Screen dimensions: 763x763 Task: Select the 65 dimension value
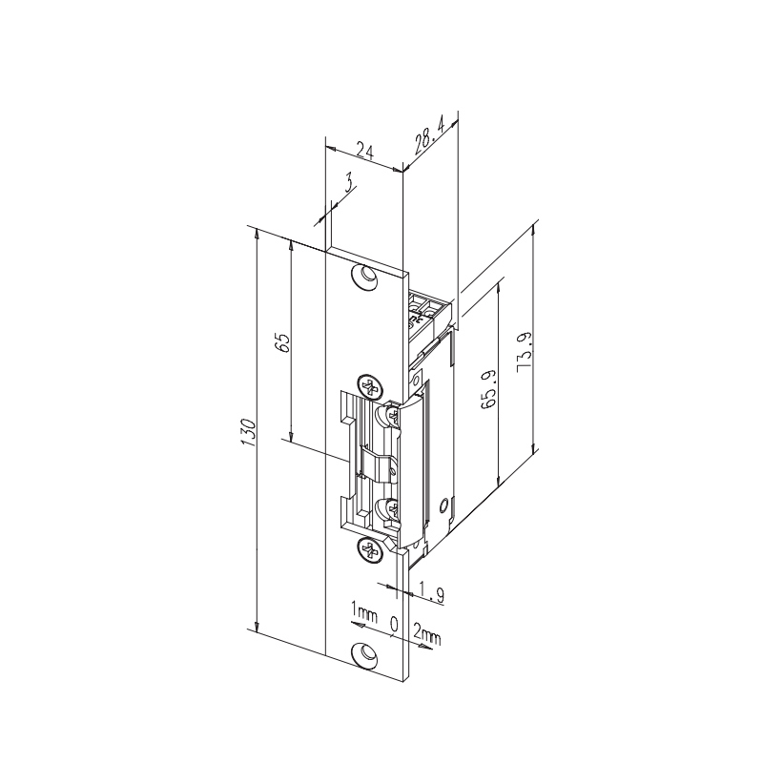click(281, 343)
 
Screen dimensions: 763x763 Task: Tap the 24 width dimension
click(362, 149)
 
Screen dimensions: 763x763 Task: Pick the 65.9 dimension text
click(487, 391)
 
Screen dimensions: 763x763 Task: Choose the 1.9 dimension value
click(432, 595)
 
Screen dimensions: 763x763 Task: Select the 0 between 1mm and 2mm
click(394, 625)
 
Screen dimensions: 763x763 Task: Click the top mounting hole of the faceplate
click(363, 275)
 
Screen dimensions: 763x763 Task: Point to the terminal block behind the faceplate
click(429, 310)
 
